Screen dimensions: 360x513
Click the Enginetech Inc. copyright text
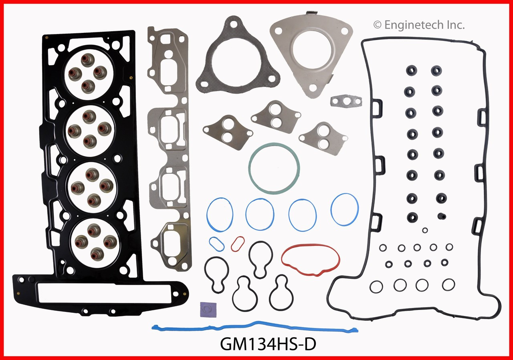419,25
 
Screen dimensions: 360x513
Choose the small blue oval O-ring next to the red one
216,243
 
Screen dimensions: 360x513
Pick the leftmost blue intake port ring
220,215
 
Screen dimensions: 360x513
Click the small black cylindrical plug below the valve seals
442,216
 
